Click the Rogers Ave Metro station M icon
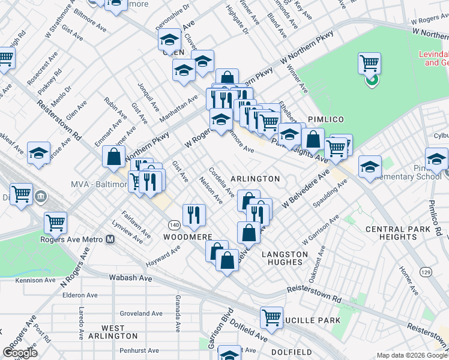110,239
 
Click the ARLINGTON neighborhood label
255,179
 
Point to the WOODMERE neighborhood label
189,237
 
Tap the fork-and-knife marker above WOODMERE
193,214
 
